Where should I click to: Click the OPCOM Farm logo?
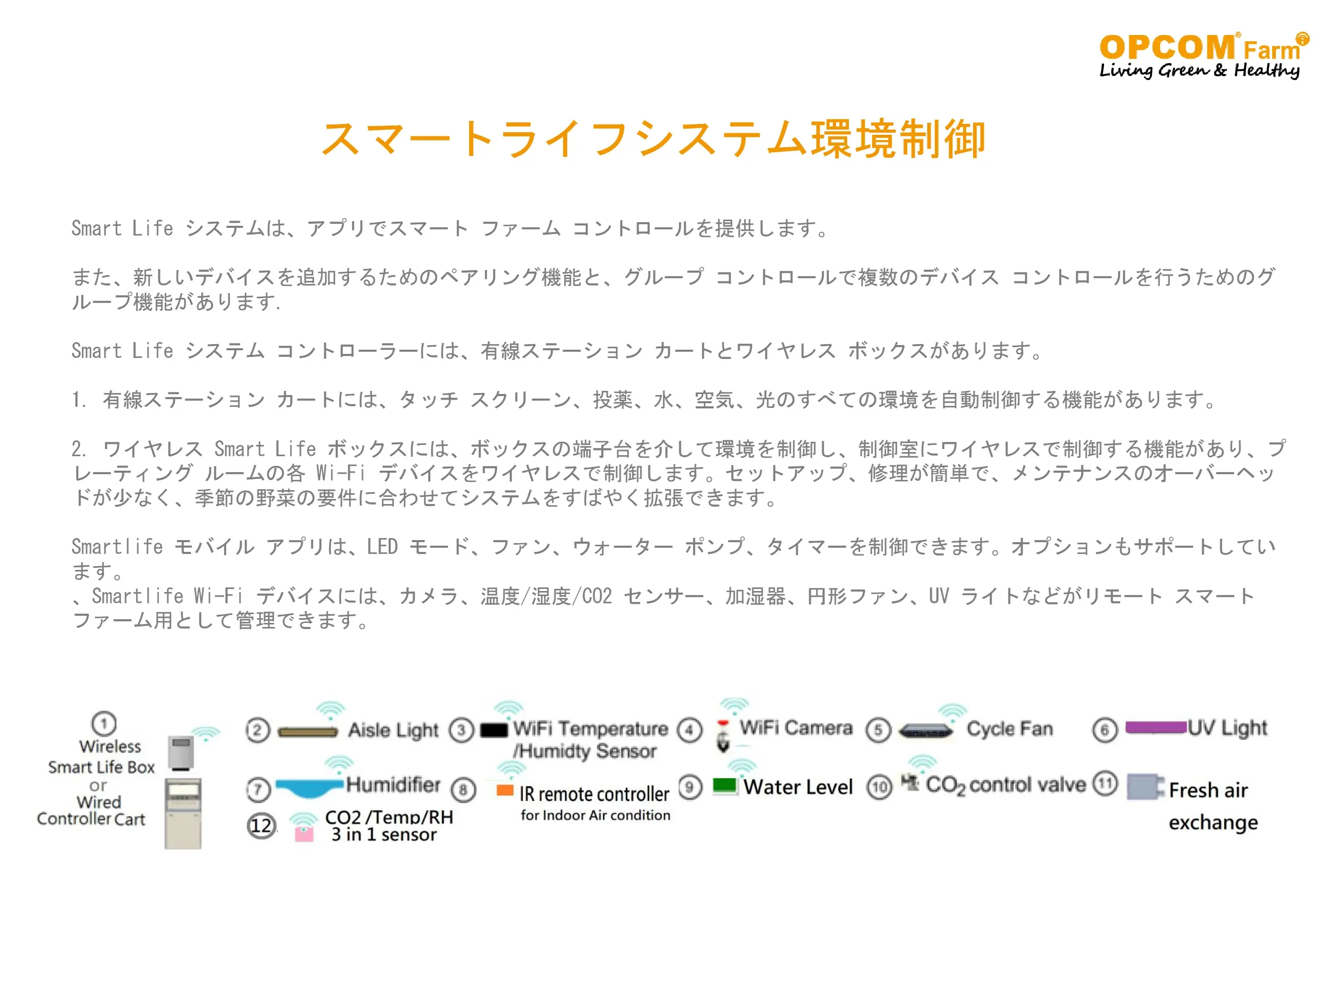point(1203,56)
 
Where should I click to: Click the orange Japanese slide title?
point(654,139)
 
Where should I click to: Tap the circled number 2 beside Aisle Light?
point(258,730)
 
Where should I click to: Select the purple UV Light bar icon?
point(1155,727)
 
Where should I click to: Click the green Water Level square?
point(725,785)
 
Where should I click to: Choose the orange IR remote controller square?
point(504,790)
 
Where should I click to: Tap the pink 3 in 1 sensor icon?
point(304,834)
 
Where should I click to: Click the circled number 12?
point(262,826)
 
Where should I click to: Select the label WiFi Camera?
point(796,728)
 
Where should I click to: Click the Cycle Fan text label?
point(1009,729)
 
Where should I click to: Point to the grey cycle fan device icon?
point(926,731)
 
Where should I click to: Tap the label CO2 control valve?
point(1006,785)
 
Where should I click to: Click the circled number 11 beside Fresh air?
point(1106,784)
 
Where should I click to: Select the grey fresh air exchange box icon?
point(1145,786)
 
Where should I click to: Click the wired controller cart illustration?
point(183,814)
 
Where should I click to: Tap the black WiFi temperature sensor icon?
point(494,730)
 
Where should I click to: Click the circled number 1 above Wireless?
point(104,724)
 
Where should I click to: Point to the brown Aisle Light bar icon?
point(308,732)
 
